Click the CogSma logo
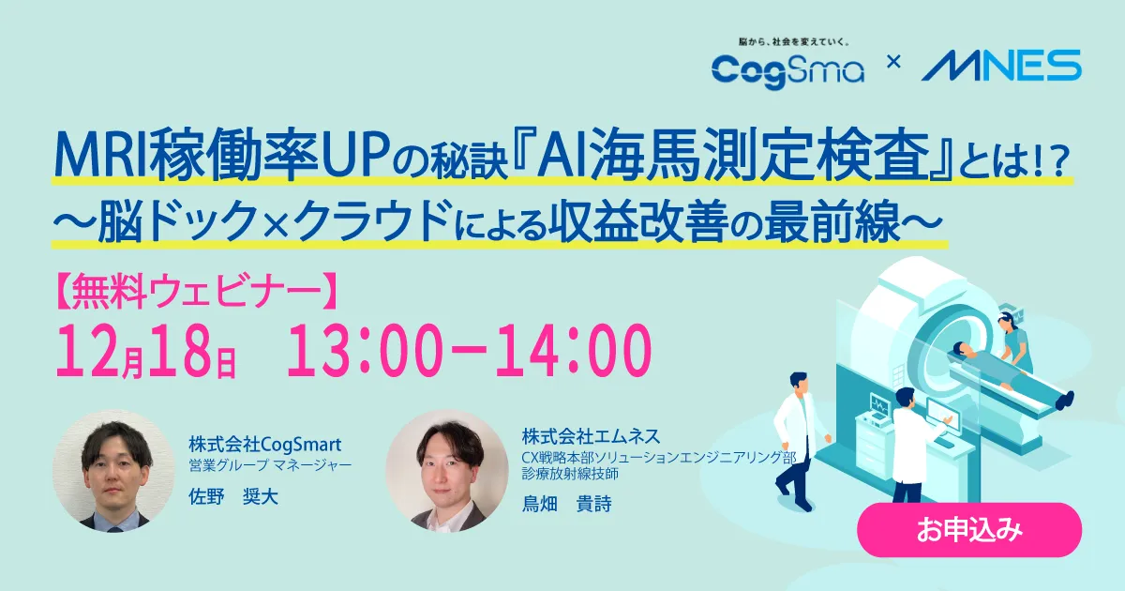click(x=787, y=71)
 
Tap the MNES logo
click(x=1001, y=66)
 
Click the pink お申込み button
click(x=969, y=530)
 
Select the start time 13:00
click(x=365, y=350)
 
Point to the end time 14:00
click(x=574, y=350)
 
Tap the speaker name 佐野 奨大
click(x=233, y=497)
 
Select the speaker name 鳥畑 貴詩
click(x=567, y=504)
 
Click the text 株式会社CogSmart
click(x=264, y=445)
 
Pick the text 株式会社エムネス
click(x=592, y=436)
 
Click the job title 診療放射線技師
click(x=571, y=474)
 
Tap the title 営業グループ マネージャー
click(x=270, y=465)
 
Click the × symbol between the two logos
click(x=893, y=62)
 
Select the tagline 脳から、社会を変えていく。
click(x=793, y=42)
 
